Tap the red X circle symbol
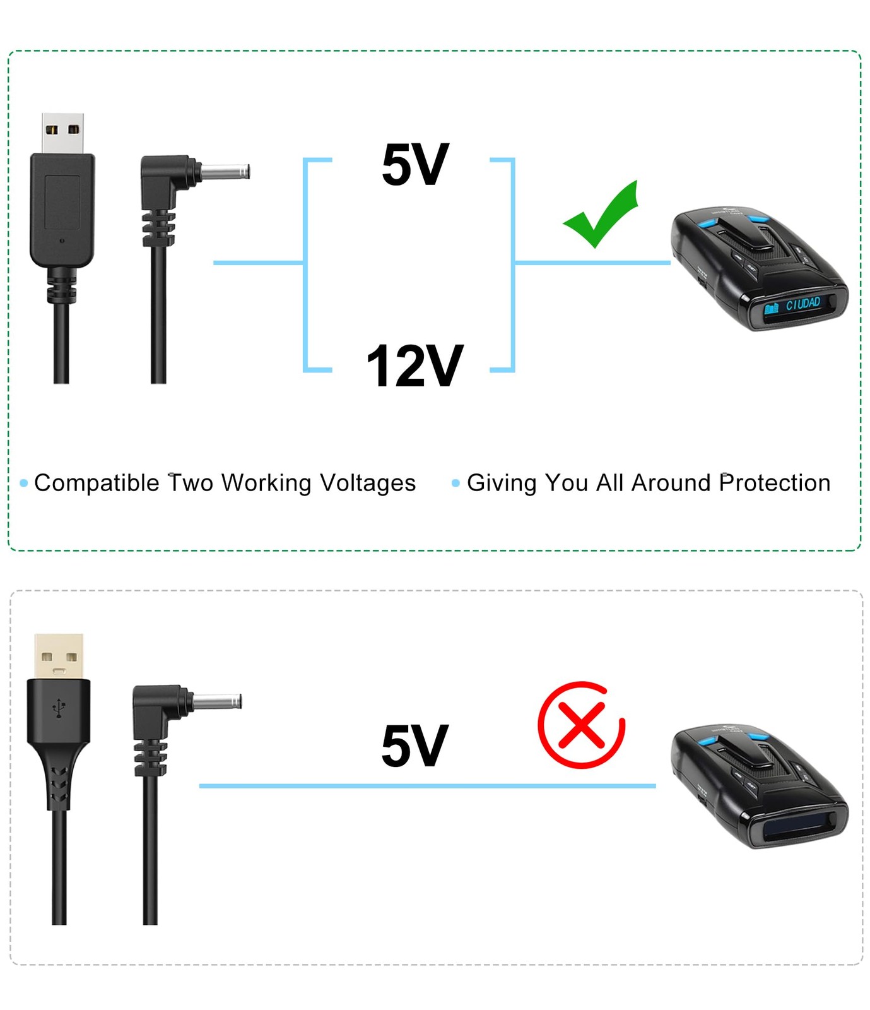pyautogui.click(x=581, y=725)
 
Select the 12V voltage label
pyautogui.click(x=414, y=365)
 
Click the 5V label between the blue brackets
pyautogui.click(x=415, y=165)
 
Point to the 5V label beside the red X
pyautogui.click(x=414, y=746)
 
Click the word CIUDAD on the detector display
pyautogui.click(x=802, y=304)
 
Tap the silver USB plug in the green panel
pyautogui.click(x=63, y=133)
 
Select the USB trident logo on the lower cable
pyautogui.click(x=59, y=708)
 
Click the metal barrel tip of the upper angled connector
pyautogui.click(x=226, y=172)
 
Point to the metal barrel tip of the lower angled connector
pyautogui.click(x=218, y=701)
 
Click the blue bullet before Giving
pyautogui.click(x=456, y=484)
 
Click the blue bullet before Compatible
pyautogui.click(x=24, y=484)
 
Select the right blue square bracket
pyautogui.click(x=511, y=264)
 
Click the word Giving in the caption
pyautogui.click(x=502, y=483)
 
